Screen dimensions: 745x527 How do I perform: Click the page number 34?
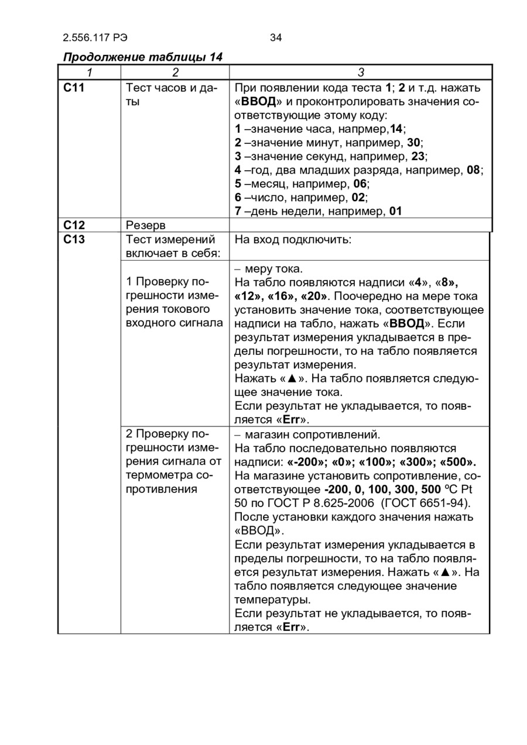276,38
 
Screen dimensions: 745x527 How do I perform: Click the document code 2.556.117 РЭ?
95,38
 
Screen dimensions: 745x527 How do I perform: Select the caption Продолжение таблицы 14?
142,57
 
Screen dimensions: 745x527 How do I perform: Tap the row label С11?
74,88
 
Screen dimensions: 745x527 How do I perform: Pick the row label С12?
74,225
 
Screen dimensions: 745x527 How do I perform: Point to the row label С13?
74,239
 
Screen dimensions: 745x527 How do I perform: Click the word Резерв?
146,225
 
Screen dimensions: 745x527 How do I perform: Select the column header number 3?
361,73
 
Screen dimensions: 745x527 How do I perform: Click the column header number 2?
174,73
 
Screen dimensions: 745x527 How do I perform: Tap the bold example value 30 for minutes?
413,143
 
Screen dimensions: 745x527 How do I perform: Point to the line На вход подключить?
293,239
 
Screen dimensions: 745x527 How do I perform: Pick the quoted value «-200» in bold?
305,462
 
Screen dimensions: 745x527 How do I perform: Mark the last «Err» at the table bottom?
291,627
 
